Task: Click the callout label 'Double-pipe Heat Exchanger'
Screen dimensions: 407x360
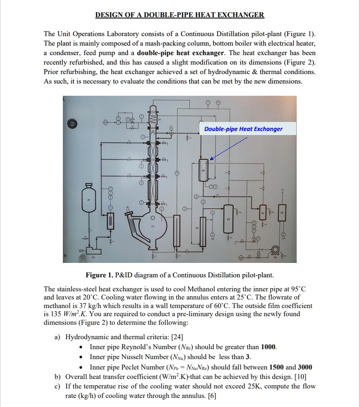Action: coord(243,129)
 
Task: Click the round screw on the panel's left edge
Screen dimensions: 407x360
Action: coord(71,123)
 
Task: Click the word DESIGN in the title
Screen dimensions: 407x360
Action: coord(109,14)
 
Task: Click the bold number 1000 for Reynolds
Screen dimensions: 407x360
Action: coord(269,347)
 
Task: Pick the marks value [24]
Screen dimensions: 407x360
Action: coord(176,337)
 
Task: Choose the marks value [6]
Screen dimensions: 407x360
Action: coord(213,395)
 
